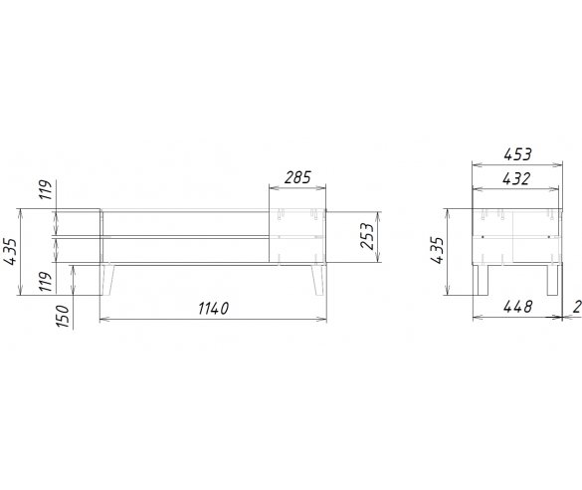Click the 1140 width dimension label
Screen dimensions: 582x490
tap(213, 309)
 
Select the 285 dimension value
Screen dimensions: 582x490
tap(297, 177)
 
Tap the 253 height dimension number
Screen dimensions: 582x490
tap(368, 236)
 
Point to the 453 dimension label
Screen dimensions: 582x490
tap(517, 154)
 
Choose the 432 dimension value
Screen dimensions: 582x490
tap(516, 179)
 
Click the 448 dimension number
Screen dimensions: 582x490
tap(517, 307)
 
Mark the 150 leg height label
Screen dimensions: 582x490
tap(63, 316)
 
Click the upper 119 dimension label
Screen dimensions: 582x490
tap(46, 190)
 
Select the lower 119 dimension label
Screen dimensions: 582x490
tap(46, 282)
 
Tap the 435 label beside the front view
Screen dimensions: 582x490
tap(10, 252)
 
